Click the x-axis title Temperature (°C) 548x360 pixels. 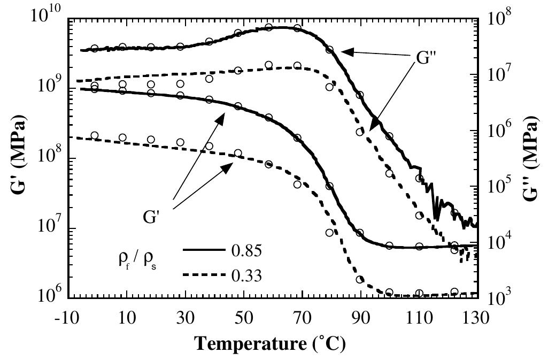click(x=270, y=342)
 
